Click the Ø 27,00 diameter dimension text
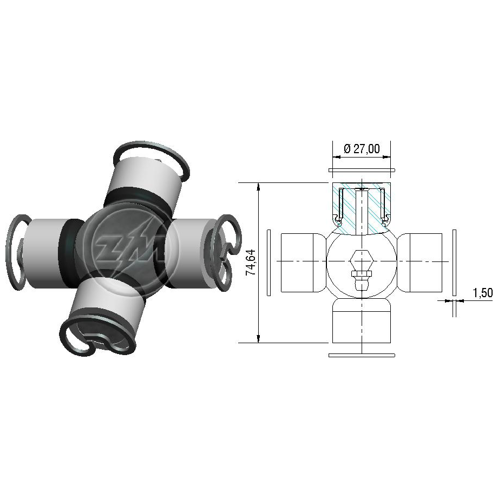coord(362,149)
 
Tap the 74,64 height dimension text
coord(251,263)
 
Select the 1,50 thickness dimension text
coord(483,292)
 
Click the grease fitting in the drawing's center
coord(361,270)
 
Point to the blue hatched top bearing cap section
coord(362,208)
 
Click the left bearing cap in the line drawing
coord(303,263)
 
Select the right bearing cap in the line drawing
coord(420,263)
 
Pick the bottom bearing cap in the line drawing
coord(362,320)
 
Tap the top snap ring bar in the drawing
coord(362,170)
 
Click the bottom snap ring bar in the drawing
coord(362,355)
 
